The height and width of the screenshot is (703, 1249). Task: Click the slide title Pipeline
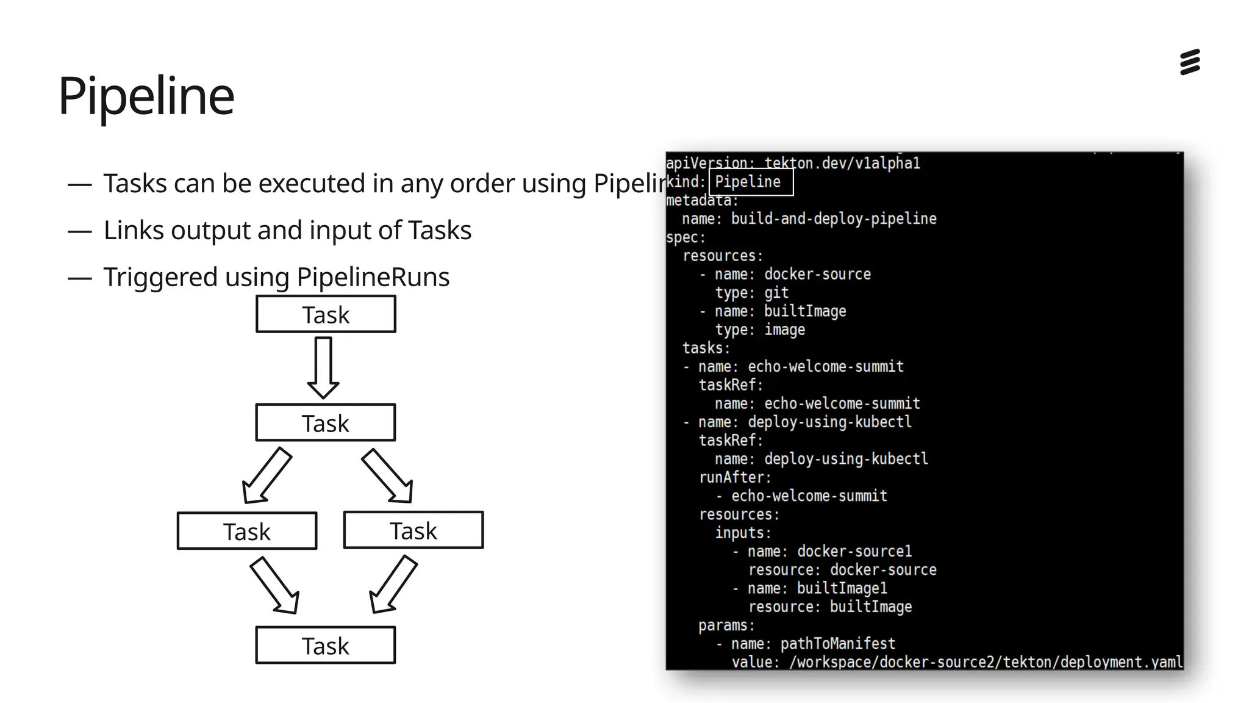(146, 96)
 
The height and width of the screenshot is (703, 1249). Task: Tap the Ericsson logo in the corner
(1190, 62)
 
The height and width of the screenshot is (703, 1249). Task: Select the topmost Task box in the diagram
(326, 314)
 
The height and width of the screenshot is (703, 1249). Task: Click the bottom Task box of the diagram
(326, 645)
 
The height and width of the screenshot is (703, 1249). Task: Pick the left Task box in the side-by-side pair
(247, 531)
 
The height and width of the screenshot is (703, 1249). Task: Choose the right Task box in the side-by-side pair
(413, 530)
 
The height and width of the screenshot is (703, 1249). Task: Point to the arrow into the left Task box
(266, 476)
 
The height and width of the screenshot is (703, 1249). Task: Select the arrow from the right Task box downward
(393, 585)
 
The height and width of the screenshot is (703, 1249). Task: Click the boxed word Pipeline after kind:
(748, 182)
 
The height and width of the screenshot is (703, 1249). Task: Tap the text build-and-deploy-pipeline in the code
(834, 218)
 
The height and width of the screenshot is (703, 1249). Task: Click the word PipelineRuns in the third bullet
(373, 277)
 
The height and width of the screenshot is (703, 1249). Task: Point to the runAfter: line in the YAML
(735, 477)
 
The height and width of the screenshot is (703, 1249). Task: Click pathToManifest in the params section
(838, 644)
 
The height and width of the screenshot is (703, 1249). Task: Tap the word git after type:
(776, 293)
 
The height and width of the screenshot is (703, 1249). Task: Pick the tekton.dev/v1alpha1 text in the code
(842, 164)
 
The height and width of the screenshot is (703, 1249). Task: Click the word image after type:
(784, 330)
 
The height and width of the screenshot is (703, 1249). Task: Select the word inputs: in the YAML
(743, 533)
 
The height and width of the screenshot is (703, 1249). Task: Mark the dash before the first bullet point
(80, 184)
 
